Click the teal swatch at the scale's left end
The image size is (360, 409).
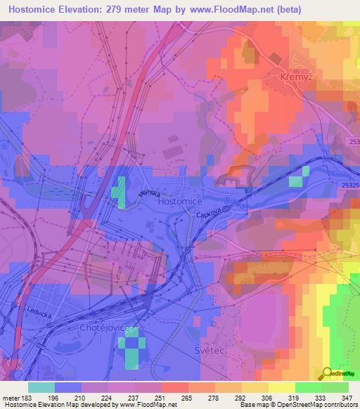[x=41, y=387]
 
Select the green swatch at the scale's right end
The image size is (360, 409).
[x=335, y=387]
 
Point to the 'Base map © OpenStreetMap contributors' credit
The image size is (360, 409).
[x=297, y=405]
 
